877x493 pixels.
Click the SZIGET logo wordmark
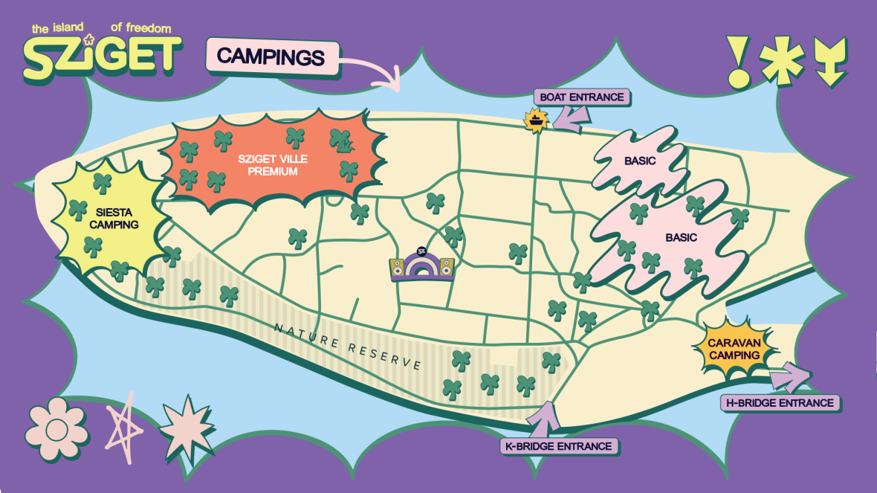click(x=102, y=56)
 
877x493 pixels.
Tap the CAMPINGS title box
click(x=271, y=57)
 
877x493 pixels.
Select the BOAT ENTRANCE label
click(x=582, y=97)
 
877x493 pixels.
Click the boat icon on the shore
click(x=536, y=119)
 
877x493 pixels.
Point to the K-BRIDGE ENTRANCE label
click(x=557, y=446)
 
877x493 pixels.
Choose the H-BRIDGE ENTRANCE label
click(x=779, y=403)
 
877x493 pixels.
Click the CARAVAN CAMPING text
click(x=734, y=349)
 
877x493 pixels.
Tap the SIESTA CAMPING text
click(x=114, y=218)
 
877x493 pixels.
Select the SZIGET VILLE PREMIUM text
click(x=272, y=165)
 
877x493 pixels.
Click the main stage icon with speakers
click(x=422, y=266)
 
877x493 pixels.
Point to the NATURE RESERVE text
click(x=347, y=347)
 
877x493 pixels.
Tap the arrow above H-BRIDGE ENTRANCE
click(x=791, y=377)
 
